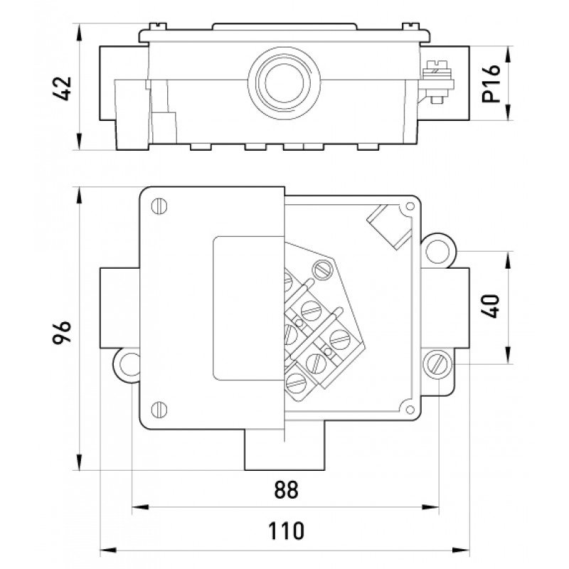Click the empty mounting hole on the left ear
coord(129,364)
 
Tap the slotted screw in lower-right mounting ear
coord(436,364)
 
